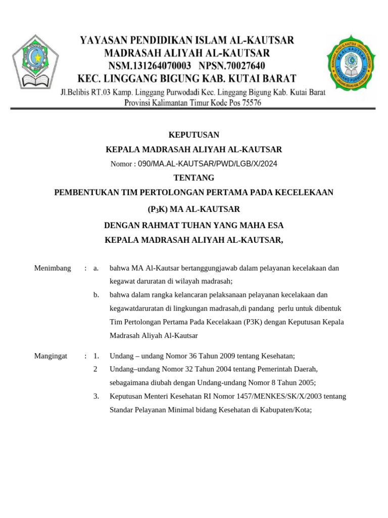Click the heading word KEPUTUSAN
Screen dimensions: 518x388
(x=193, y=135)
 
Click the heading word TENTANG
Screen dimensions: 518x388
(x=193, y=178)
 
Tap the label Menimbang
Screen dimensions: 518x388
(x=53, y=268)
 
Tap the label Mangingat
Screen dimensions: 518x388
(x=51, y=356)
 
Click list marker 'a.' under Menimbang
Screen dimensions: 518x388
(x=96, y=268)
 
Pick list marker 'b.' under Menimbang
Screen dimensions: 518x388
(x=96, y=294)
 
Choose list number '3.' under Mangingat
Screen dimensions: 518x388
(x=96, y=396)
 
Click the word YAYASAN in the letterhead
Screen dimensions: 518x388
(x=102, y=40)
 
